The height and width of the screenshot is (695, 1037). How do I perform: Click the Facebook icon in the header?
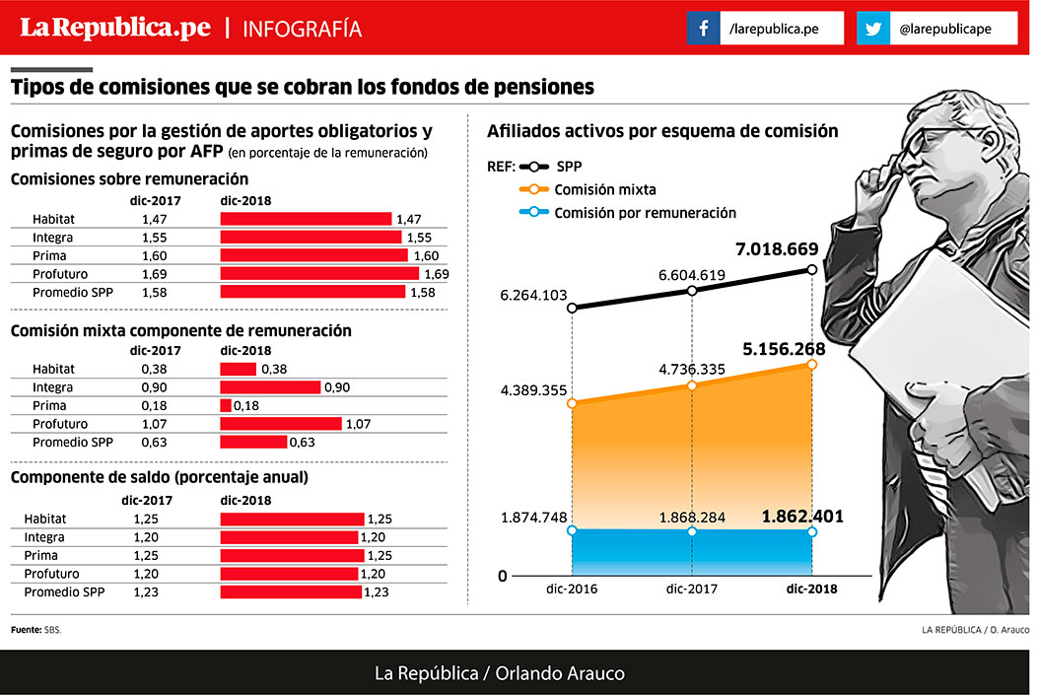[x=703, y=29]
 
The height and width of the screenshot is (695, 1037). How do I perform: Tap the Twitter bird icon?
[x=872, y=29]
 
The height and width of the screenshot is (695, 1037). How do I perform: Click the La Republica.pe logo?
[x=116, y=28]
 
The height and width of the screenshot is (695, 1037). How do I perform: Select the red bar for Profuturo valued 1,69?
[x=319, y=273]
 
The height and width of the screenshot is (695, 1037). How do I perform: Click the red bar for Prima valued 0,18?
[x=226, y=406]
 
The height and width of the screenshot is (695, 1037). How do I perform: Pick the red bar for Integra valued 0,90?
[x=270, y=387]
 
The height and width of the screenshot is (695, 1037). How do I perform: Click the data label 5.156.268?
[x=784, y=349]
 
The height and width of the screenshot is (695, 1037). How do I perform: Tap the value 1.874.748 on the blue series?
[x=533, y=518]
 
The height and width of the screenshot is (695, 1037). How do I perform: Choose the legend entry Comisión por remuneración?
[x=645, y=212]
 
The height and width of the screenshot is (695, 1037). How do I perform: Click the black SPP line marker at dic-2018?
[x=812, y=270]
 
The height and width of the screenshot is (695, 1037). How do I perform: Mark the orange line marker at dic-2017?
[x=692, y=385]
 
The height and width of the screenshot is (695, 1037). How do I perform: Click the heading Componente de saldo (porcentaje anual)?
[x=160, y=477]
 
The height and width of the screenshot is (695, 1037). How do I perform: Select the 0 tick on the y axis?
[x=503, y=576]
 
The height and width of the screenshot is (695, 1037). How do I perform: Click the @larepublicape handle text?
[x=944, y=30]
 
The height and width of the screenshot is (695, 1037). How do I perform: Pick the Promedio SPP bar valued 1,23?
[x=291, y=592]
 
